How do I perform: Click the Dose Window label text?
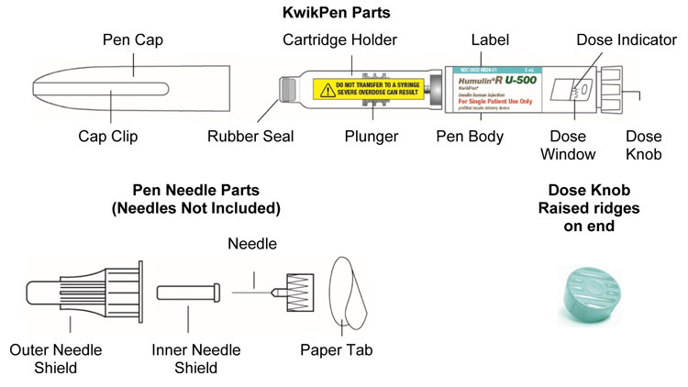point(580,146)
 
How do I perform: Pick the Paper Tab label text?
point(337,349)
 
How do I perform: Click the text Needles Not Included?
point(197,207)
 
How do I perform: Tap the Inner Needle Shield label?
point(196,359)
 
